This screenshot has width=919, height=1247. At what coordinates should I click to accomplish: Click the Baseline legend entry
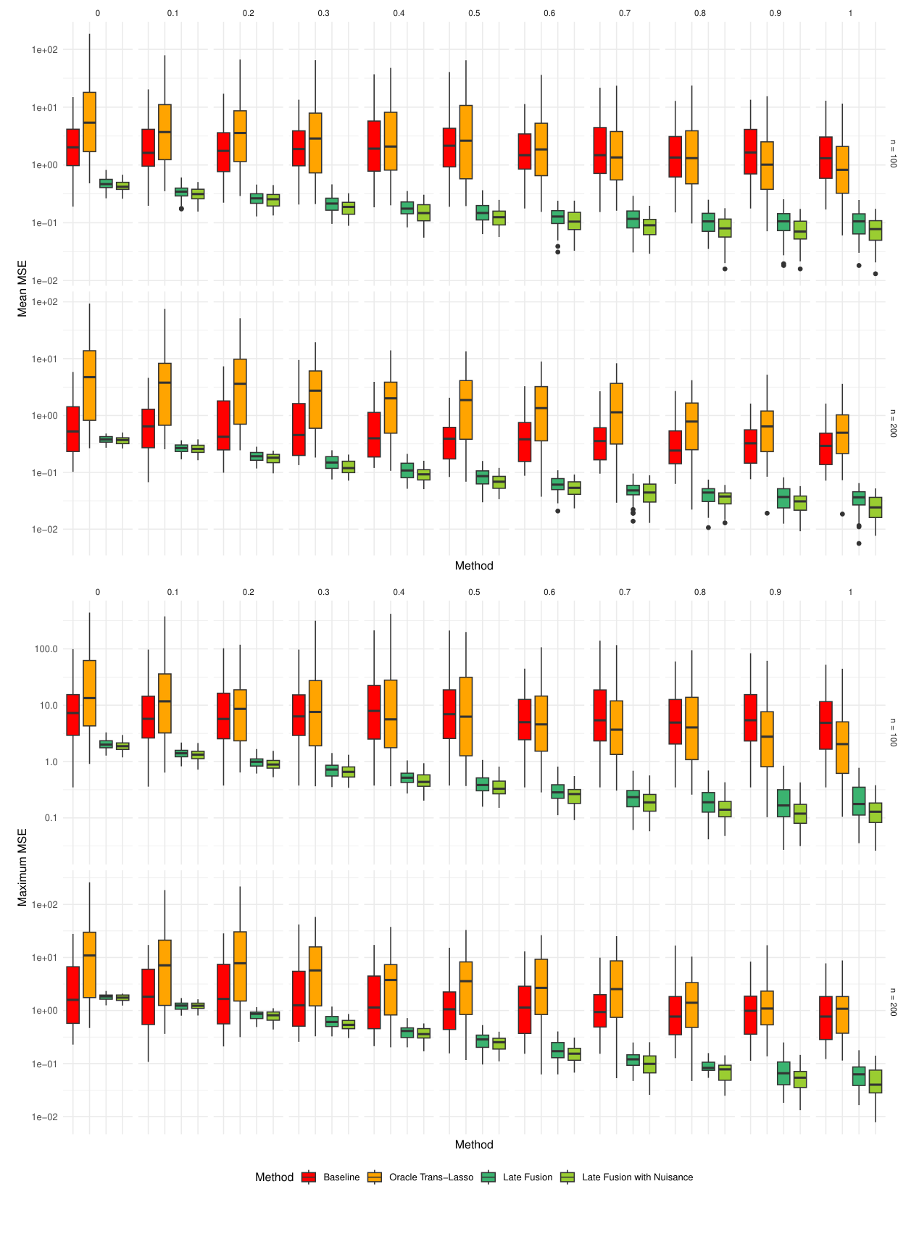pyautogui.click(x=341, y=1177)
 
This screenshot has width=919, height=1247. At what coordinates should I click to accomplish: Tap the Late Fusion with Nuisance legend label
pyautogui.click(x=637, y=1177)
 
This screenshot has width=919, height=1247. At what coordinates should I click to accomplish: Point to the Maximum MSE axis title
pyautogui.click(x=22, y=867)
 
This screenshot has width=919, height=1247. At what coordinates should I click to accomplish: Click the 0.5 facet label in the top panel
pyautogui.click(x=474, y=13)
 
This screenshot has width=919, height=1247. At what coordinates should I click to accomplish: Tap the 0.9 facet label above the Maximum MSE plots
pyautogui.click(x=775, y=593)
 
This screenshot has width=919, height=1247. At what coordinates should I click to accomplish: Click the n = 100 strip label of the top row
pyautogui.click(x=894, y=154)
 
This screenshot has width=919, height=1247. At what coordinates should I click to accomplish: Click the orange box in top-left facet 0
pyautogui.click(x=90, y=122)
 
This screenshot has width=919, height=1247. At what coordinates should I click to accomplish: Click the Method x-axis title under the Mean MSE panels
pyautogui.click(x=474, y=566)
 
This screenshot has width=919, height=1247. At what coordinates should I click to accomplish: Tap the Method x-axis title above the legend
pyautogui.click(x=474, y=1145)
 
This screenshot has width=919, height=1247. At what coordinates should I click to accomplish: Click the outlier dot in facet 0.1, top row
pyautogui.click(x=181, y=209)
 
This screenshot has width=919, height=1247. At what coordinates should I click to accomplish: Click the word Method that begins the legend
pyautogui.click(x=274, y=1177)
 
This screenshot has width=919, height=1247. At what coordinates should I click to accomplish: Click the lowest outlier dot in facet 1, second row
pyautogui.click(x=859, y=543)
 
